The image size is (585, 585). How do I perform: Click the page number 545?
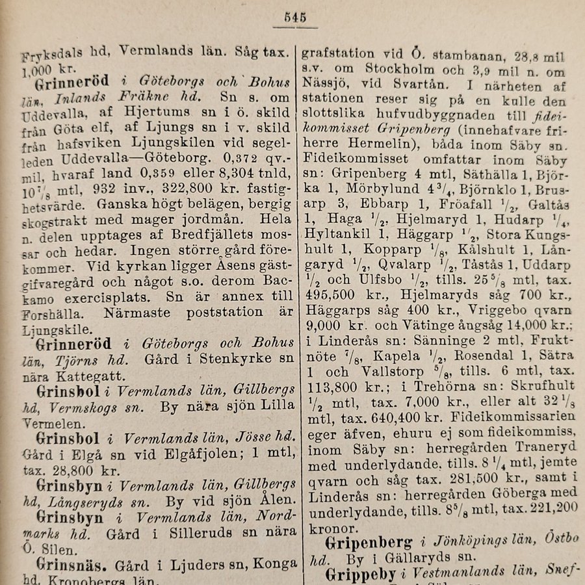[x=294, y=17]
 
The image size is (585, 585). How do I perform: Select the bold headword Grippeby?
[x=361, y=575]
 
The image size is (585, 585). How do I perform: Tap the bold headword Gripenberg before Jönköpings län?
[x=369, y=542]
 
